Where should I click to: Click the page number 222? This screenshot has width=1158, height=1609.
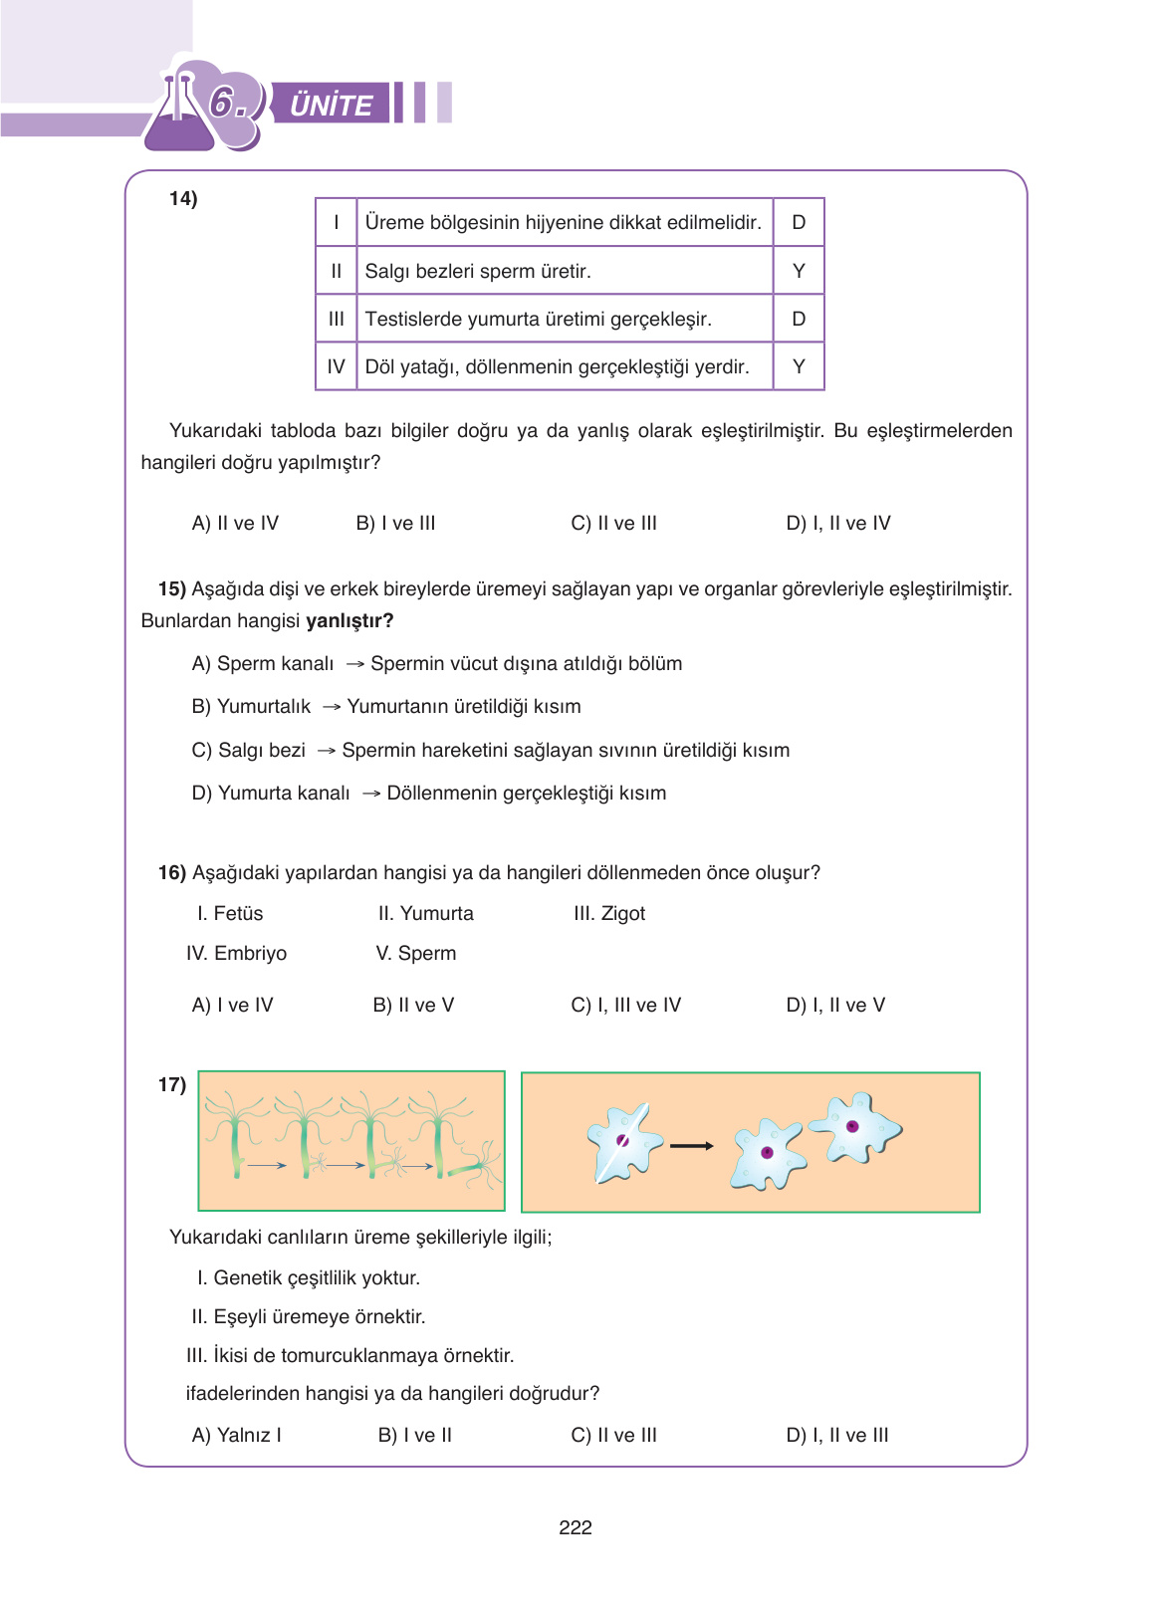pos(576,1527)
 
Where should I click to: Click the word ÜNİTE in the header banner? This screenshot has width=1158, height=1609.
pos(331,105)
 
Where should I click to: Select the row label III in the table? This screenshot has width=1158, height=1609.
pos(337,319)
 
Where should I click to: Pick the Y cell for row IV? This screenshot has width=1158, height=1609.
pos(799,366)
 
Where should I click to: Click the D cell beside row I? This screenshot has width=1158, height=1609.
pos(799,222)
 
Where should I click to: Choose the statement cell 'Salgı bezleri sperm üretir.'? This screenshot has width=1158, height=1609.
pos(478,271)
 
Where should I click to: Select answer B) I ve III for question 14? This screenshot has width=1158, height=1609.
pos(395,523)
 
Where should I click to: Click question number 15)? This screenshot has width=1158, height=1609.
pos(172,588)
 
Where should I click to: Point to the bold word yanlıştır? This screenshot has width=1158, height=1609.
pos(349,620)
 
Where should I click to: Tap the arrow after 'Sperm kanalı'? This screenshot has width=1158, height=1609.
pos(354,664)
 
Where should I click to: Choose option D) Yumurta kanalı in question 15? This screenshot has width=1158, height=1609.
pos(271,793)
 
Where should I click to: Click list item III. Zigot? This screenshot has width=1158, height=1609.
pos(609,913)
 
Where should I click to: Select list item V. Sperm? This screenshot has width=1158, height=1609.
pos(416,953)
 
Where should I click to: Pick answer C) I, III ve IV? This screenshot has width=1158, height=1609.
pos(625,1005)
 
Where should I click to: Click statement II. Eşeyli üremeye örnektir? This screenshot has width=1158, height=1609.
pos(308,1316)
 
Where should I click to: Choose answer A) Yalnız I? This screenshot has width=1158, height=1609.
pos(236,1435)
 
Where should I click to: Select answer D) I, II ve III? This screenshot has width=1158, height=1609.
pos(836,1435)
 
